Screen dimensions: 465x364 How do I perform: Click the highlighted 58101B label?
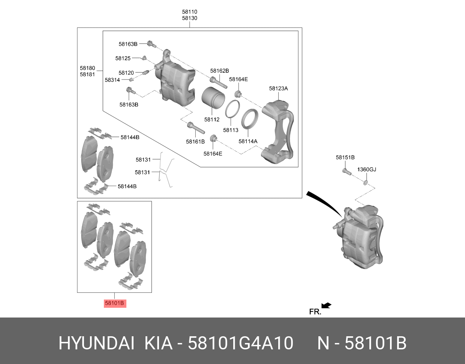point(115,303)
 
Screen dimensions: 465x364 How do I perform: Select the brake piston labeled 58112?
point(213,98)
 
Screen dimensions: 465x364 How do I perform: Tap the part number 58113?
point(231,130)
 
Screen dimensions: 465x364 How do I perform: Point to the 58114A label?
point(248,141)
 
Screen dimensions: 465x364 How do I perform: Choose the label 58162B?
point(219,70)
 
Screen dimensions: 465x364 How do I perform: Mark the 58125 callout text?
point(123,58)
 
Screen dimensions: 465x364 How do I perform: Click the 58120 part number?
point(126,73)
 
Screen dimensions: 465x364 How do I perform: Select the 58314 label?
point(112,80)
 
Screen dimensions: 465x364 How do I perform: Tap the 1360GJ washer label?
point(367,169)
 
